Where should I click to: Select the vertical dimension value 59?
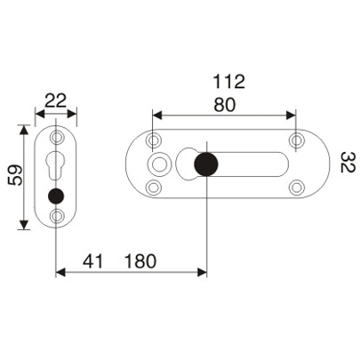(x=12, y=178)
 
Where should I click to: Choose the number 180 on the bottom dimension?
(x=140, y=261)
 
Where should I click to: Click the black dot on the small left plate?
(x=57, y=196)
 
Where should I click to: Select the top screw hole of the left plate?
(x=57, y=140)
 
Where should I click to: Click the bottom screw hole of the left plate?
(x=57, y=216)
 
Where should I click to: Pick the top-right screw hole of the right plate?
(x=295, y=140)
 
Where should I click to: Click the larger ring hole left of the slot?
(x=161, y=164)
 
